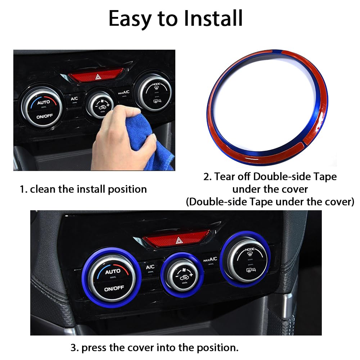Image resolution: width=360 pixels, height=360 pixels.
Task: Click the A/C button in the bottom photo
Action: (x=150, y=267)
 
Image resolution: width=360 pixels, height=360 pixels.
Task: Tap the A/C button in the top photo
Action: (x=74, y=98)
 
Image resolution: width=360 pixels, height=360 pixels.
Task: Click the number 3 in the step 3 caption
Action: (x=74, y=348)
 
